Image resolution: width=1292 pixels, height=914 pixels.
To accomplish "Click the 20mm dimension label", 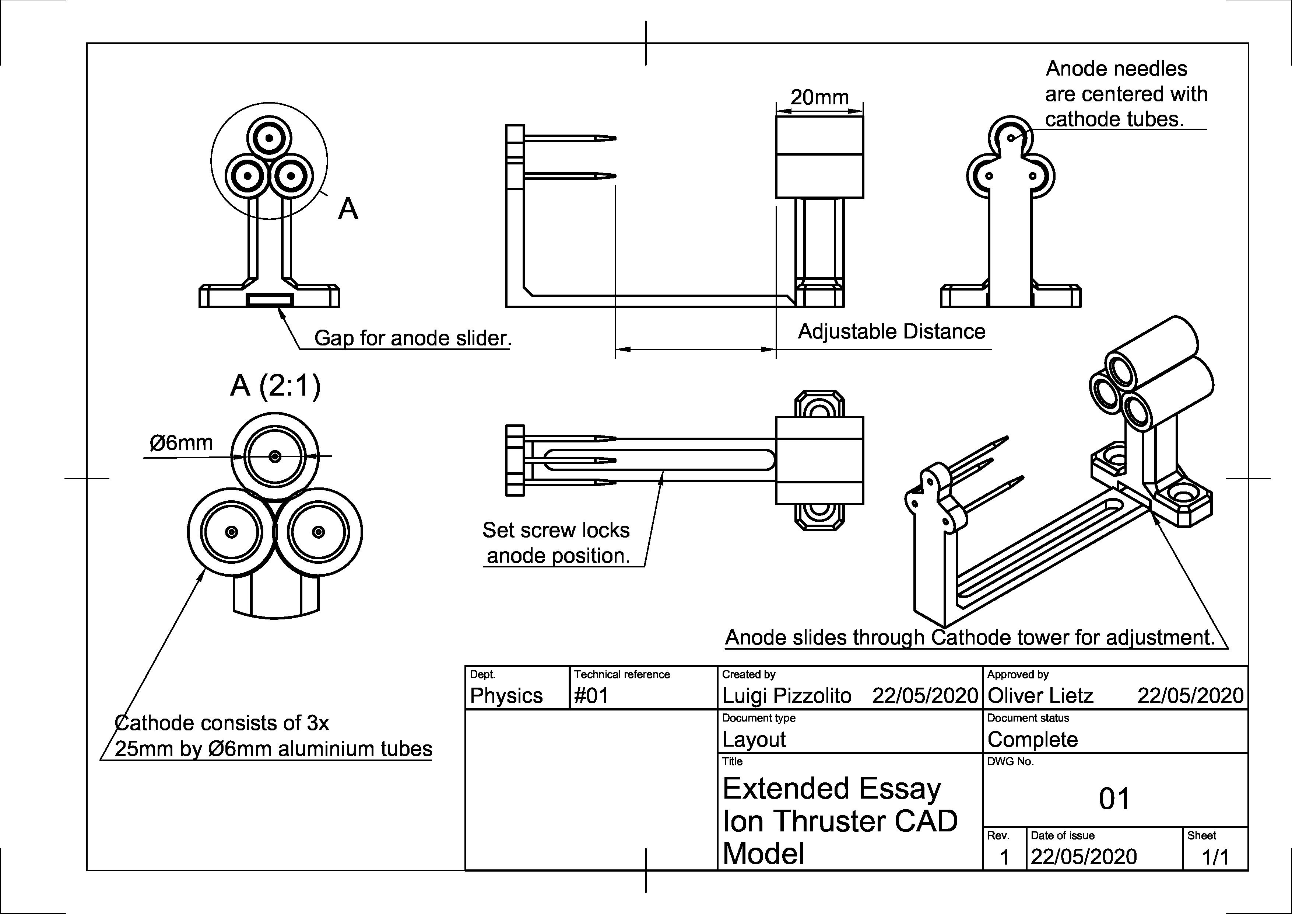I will pyautogui.click(x=819, y=97).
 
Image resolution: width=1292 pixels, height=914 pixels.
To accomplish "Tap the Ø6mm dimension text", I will pyautogui.click(x=181, y=443).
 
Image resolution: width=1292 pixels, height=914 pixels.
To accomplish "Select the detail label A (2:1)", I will pyautogui.click(x=275, y=386).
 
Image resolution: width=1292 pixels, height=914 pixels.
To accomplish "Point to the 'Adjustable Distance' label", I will pyautogui.click(x=891, y=332).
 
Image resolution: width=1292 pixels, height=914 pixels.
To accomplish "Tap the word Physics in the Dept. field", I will pyautogui.click(x=506, y=696).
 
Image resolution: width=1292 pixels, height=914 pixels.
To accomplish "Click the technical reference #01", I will pyautogui.click(x=591, y=696).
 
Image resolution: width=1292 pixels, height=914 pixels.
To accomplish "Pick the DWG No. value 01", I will pyautogui.click(x=1114, y=799).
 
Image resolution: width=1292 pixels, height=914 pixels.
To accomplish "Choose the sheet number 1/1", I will pyautogui.click(x=1215, y=858).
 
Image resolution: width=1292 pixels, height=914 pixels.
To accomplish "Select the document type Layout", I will pyautogui.click(x=754, y=740).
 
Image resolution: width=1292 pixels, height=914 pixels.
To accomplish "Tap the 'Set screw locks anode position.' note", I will pyautogui.click(x=556, y=543).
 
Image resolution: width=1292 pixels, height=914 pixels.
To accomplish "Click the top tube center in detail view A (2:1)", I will pyautogui.click(x=275, y=456).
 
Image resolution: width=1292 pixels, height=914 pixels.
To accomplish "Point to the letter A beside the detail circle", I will pyautogui.click(x=348, y=209).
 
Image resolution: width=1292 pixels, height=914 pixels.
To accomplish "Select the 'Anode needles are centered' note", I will pyautogui.click(x=1126, y=94).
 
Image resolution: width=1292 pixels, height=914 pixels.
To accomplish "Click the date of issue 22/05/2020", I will pyautogui.click(x=1083, y=857).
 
